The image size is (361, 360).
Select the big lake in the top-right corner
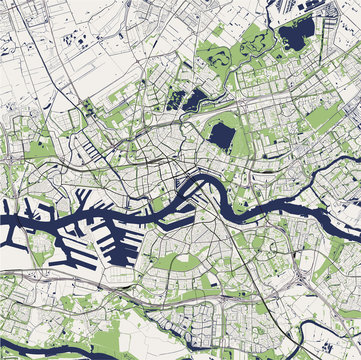click(x=295, y=37)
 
